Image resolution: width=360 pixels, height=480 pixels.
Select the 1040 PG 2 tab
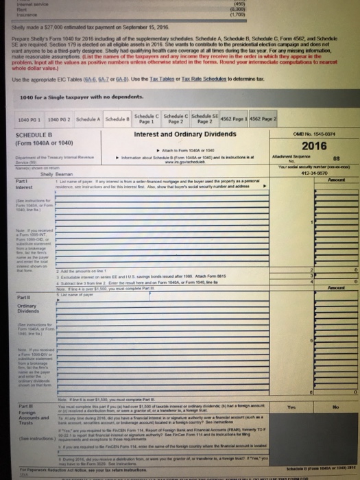click(x=60, y=120)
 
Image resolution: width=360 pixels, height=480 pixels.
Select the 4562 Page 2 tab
click(x=265, y=119)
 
